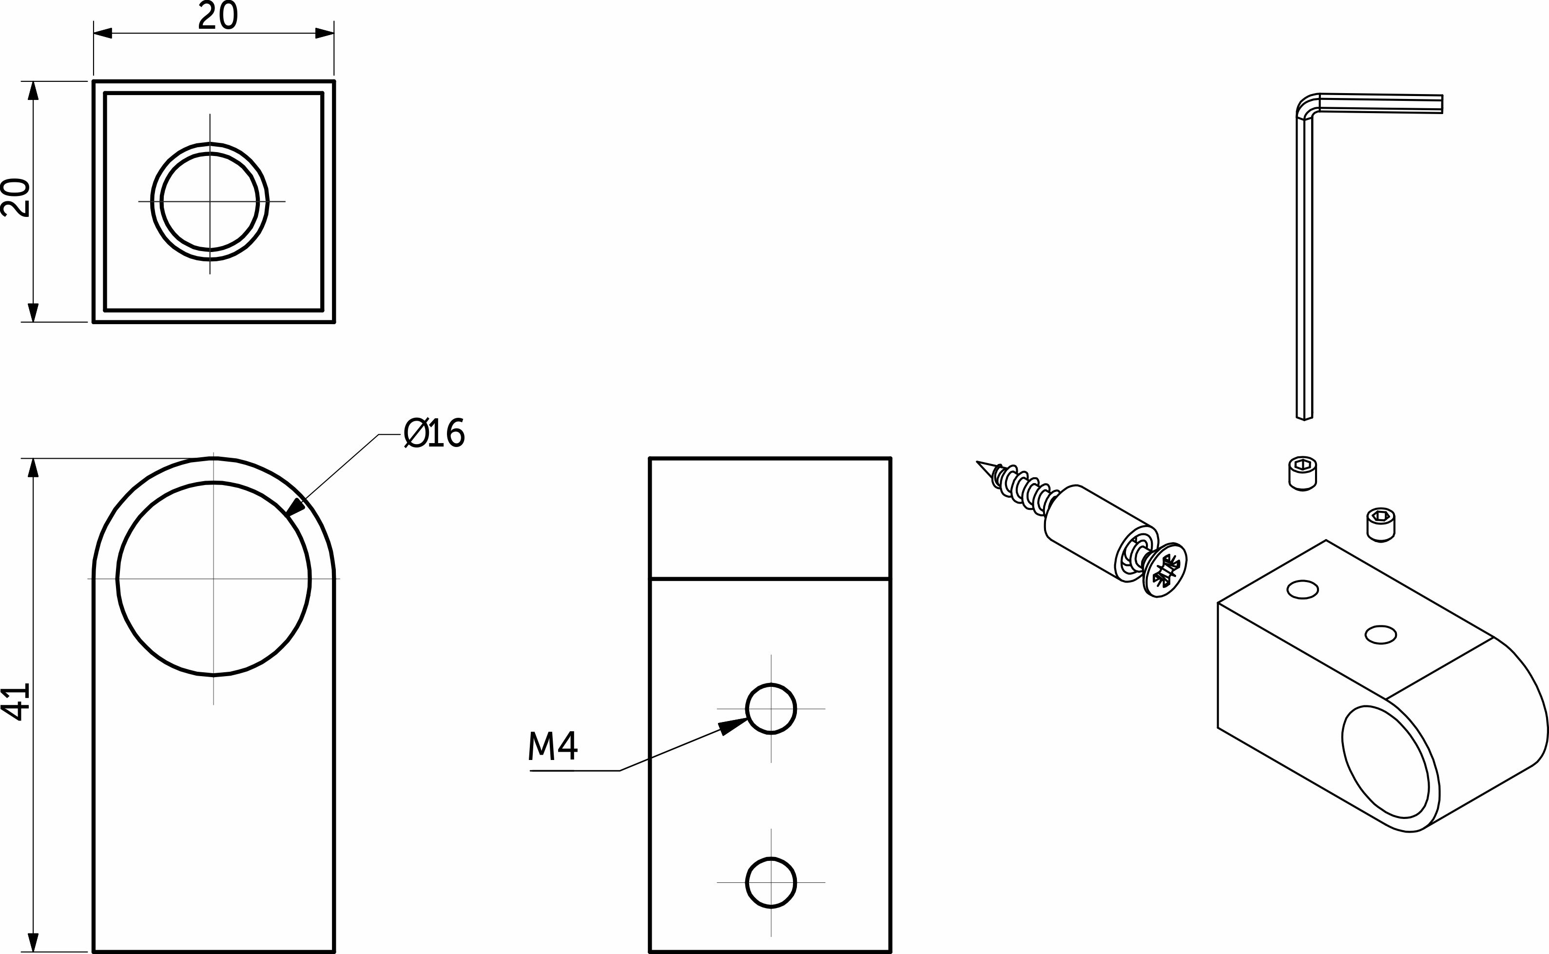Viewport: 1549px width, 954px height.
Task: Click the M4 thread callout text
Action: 553,745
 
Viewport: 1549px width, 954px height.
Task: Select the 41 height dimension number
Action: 16,701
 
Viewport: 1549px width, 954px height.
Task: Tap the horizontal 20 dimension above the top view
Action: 217,16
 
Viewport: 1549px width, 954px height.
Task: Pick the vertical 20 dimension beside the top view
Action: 16,198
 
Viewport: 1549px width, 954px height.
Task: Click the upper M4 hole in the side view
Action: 771,709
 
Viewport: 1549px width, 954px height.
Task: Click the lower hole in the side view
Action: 771,882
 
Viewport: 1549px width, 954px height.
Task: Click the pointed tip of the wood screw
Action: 977,462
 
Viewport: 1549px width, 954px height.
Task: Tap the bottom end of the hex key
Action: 1304,418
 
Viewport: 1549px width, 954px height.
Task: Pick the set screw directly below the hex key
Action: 1302,473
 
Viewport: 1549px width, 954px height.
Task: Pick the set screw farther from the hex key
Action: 1381,525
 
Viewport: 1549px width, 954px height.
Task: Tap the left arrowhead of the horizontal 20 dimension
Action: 103,33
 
